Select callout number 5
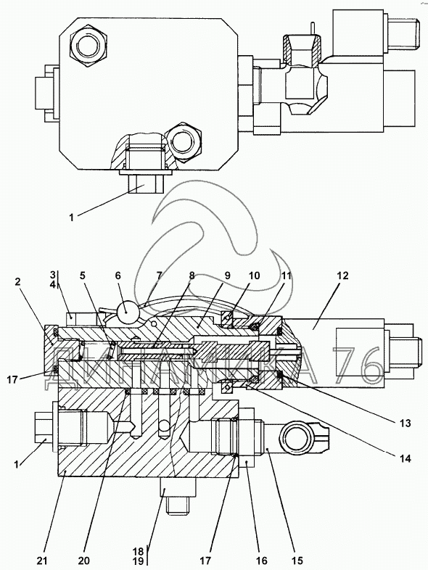click(83, 276)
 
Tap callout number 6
click(118, 276)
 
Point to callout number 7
click(159, 276)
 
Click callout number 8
click(192, 276)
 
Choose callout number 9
click(227, 276)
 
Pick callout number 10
click(254, 276)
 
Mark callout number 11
click(287, 276)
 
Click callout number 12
click(342, 276)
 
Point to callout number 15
click(297, 561)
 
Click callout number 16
click(262, 561)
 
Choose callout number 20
click(83, 561)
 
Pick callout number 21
click(43, 561)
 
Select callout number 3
click(53, 274)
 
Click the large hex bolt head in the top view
click(89, 47)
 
